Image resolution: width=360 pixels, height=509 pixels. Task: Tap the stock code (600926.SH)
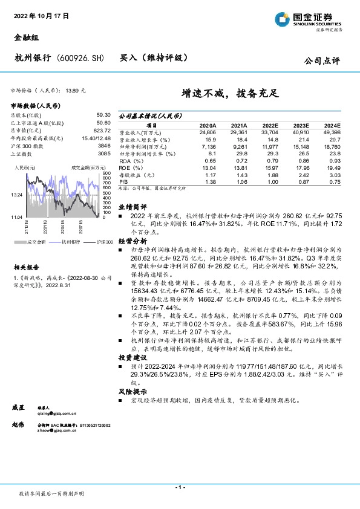pyautogui.click(x=80, y=58)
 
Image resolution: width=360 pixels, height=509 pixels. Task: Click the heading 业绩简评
pyautogui.click(x=132, y=206)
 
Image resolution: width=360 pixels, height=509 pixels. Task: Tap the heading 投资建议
pyautogui.click(x=132, y=358)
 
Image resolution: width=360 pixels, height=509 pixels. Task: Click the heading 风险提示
pyautogui.click(x=132, y=392)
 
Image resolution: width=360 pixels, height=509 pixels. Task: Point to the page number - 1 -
pyautogui.click(x=179, y=487)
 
